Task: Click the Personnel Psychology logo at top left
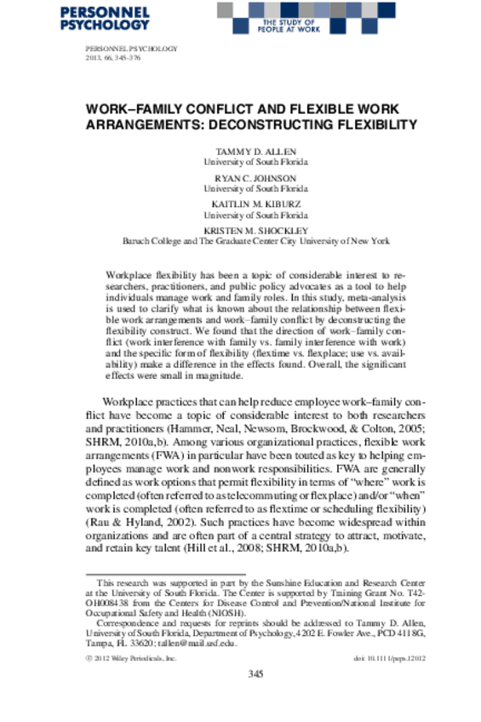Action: [118, 18]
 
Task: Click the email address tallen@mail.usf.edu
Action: [180, 644]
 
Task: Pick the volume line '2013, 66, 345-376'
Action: [117, 60]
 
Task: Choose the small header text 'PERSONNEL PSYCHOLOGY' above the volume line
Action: [132, 49]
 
